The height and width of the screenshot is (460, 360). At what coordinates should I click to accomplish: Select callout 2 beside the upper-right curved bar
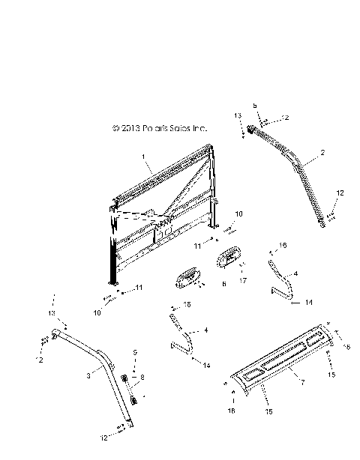click(x=322, y=153)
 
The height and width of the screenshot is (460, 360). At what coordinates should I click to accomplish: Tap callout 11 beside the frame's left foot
click(x=139, y=288)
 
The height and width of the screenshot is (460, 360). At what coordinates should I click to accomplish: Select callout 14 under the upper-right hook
click(x=308, y=303)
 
